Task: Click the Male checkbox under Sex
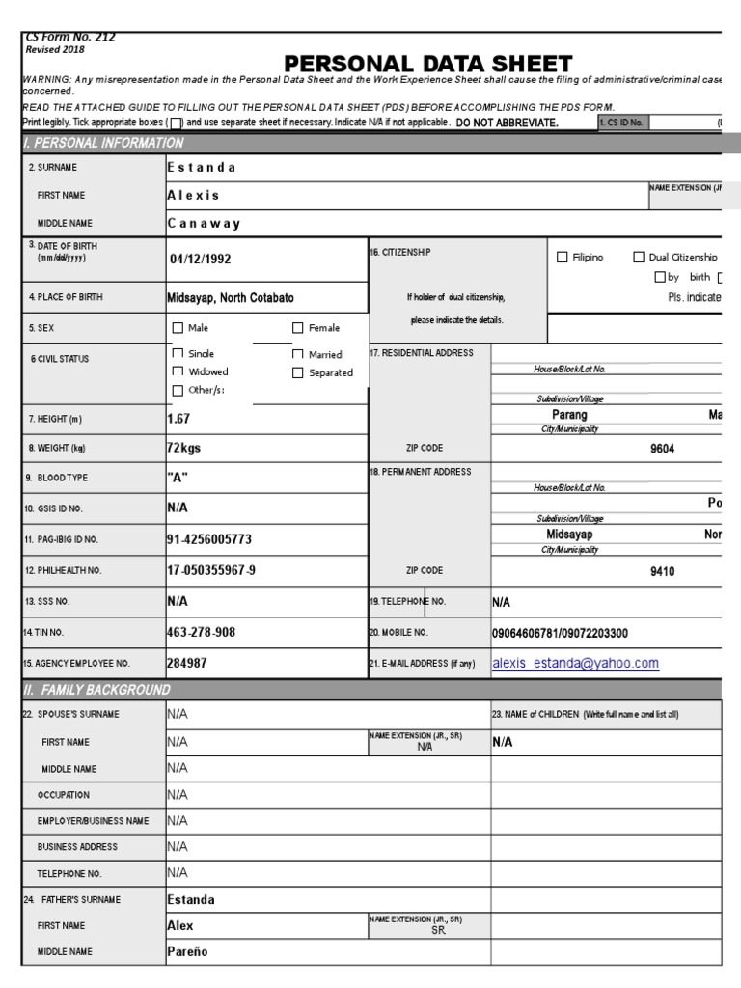178,328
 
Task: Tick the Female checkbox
298,328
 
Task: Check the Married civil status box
298,354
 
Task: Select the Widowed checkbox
178,371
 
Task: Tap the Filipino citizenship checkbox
563,258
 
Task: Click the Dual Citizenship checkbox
639,258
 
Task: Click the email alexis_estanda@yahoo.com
575,663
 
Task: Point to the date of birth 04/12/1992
201,259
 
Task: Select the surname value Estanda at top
202,167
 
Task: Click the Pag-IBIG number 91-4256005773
216,539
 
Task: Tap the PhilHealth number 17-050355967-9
211,570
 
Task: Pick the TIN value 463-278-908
201,632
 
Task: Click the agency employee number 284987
186,663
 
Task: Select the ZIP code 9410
662,571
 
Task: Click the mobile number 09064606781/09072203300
560,633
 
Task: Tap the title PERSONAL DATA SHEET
428,64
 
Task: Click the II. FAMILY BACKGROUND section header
96,690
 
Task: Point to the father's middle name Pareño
187,951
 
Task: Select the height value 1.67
178,419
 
